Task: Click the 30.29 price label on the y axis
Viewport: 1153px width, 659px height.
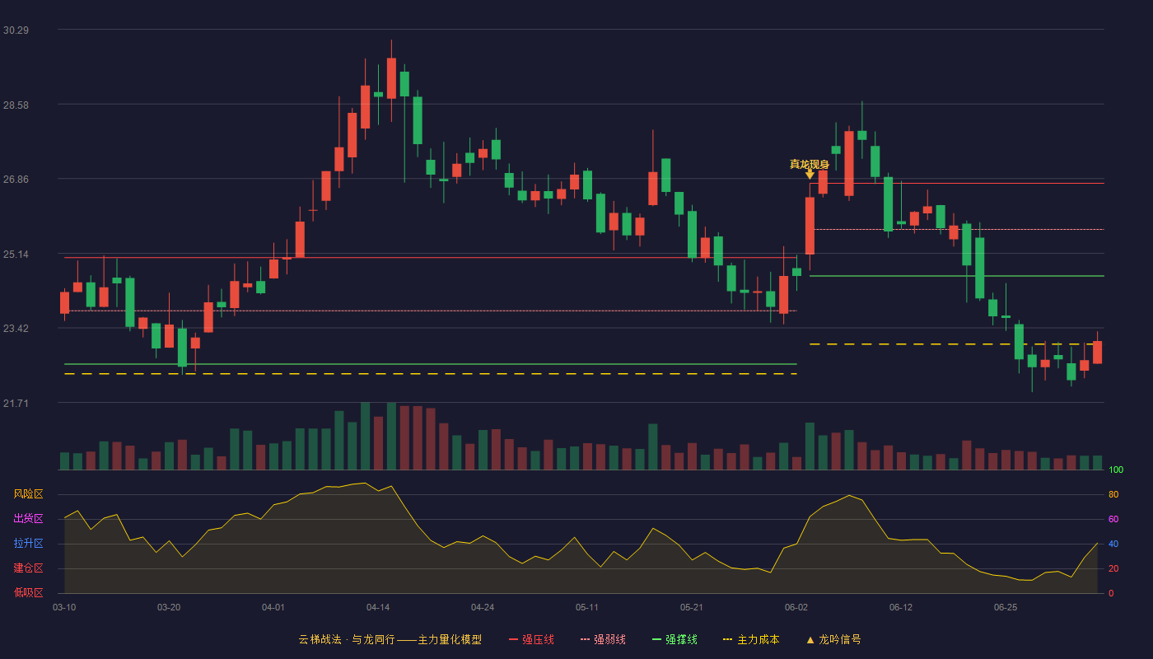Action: tap(16, 30)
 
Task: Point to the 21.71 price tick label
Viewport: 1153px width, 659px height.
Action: tap(16, 403)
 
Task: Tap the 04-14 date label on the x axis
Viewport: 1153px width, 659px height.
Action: tap(378, 608)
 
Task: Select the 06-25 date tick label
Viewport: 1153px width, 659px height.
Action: tap(1006, 608)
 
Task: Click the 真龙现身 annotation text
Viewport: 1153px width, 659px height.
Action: tap(809, 164)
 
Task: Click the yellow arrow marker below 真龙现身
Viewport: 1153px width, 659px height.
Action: tap(810, 175)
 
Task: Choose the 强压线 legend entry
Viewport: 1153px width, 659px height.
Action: tap(532, 639)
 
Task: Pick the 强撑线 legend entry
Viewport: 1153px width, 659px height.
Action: tap(675, 639)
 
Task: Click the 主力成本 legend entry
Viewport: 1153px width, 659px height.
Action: tap(751, 639)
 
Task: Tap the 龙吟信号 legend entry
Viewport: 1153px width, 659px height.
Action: tap(833, 639)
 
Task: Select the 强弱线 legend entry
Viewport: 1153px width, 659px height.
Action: tap(603, 639)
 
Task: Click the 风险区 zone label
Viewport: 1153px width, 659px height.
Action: tap(28, 494)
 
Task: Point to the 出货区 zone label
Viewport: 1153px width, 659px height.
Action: tap(28, 518)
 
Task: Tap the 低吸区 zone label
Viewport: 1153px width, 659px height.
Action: tap(28, 592)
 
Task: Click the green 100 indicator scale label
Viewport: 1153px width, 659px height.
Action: tap(1116, 470)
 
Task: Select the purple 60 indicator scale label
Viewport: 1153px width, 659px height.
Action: tap(1113, 519)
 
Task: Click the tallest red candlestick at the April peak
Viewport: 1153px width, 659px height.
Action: tap(391, 78)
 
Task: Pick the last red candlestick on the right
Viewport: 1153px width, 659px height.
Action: tap(1097, 353)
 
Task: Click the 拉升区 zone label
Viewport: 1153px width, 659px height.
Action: tap(28, 543)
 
